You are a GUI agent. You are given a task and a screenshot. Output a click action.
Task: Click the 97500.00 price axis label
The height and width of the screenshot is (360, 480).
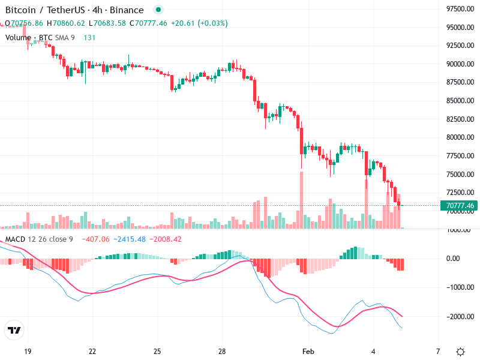[x=460, y=9]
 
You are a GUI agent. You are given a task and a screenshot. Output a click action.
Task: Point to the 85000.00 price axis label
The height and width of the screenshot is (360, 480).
[x=460, y=101]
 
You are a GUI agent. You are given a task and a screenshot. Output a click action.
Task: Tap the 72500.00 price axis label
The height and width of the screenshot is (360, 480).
[x=460, y=193]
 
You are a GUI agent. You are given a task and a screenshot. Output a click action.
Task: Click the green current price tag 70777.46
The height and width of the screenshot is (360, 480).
[x=460, y=206]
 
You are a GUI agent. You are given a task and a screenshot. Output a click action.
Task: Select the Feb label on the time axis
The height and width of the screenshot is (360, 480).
[x=308, y=351]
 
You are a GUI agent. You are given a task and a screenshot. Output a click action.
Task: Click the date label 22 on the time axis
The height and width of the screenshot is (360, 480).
[x=92, y=351]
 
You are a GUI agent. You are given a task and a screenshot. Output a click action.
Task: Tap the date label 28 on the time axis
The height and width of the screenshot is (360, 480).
[x=222, y=351]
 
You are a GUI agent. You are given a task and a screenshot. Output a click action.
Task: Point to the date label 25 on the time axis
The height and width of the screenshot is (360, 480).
[x=157, y=351]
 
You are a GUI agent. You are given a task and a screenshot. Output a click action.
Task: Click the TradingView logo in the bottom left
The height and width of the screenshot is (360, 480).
[x=14, y=331]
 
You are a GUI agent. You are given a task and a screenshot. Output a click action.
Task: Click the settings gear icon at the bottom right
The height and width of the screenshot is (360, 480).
[x=460, y=352]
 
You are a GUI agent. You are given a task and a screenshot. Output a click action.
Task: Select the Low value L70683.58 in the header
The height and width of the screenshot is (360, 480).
[x=107, y=23]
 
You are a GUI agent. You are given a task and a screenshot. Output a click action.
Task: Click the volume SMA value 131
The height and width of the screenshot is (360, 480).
[x=89, y=37]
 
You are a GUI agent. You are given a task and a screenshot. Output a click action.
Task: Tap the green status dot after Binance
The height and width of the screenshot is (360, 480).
[x=158, y=10]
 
